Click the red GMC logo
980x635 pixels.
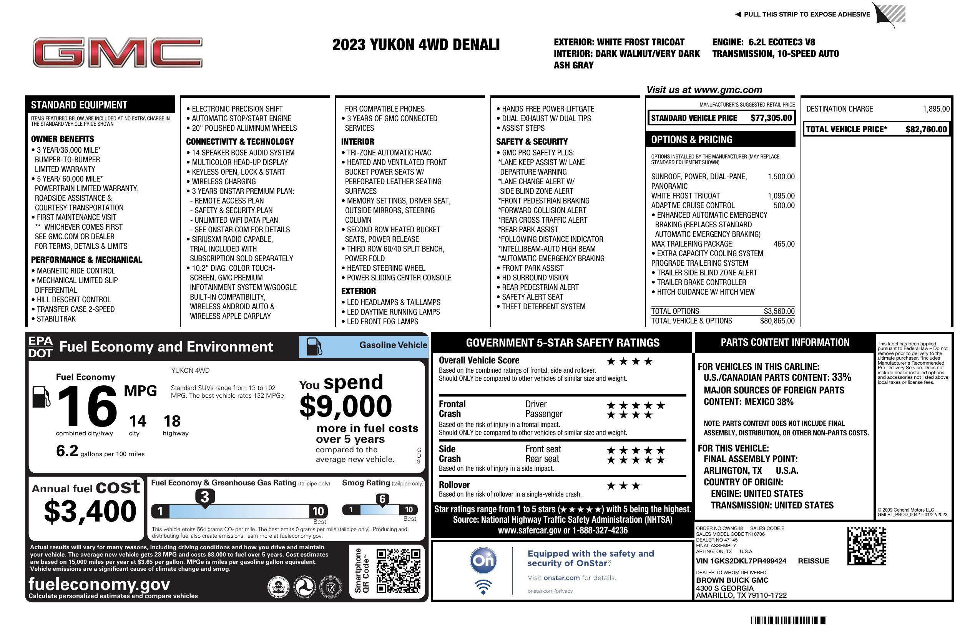pyautogui.click(x=117, y=52)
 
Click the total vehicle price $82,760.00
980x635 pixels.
pyautogui.click(x=926, y=129)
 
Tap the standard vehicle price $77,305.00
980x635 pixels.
pyautogui.click(x=771, y=118)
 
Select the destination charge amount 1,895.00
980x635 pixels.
pyautogui.click(x=936, y=109)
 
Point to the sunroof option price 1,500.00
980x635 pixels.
pyautogui.click(x=781, y=177)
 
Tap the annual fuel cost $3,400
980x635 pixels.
pyautogui.click(x=90, y=512)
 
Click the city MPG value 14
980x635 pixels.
pyautogui.click(x=138, y=421)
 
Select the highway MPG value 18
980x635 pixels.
pyautogui.click(x=172, y=421)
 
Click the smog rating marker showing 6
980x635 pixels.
pyautogui.click(x=382, y=499)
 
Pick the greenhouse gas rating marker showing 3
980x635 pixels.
pyautogui.click(x=204, y=497)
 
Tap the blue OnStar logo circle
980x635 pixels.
pyautogui.click(x=483, y=560)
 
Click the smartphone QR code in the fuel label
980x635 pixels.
pyautogui.click(x=398, y=571)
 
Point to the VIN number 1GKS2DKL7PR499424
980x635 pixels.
pyautogui.click(x=741, y=561)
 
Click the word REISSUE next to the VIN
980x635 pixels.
pyautogui.click(x=813, y=561)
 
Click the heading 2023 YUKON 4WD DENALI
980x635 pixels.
pyautogui.click(x=416, y=45)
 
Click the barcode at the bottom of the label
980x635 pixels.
pyautogui.click(x=789, y=620)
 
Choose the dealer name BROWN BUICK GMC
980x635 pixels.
pyautogui.click(x=732, y=580)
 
